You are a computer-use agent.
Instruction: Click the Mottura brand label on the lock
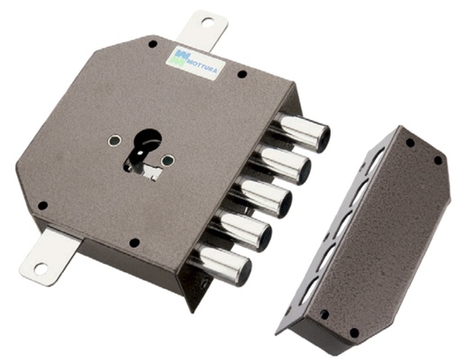[x=197, y=63]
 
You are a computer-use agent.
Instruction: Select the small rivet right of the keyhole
[x=168, y=161]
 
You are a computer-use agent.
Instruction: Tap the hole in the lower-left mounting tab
[x=39, y=267]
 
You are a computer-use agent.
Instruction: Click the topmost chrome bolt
[x=303, y=131]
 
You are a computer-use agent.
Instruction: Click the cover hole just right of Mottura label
[x=240, y=75]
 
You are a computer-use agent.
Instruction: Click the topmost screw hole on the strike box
[x=410, y=142]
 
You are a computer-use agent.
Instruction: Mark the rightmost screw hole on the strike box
[x=438, y=161]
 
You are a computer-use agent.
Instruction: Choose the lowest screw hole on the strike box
[x=353, y=333]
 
